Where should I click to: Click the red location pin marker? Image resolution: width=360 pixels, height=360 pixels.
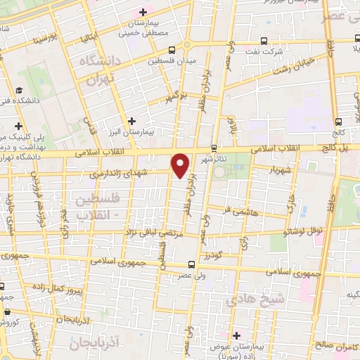coord(181,165)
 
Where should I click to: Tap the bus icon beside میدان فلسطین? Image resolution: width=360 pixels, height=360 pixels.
coord(172,49)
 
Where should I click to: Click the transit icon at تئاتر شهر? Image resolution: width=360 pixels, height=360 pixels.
coord(214,148)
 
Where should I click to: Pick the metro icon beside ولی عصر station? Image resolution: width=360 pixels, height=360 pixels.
coord(192,265)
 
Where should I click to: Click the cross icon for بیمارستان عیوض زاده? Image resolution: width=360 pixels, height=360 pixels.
coord(237,334)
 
